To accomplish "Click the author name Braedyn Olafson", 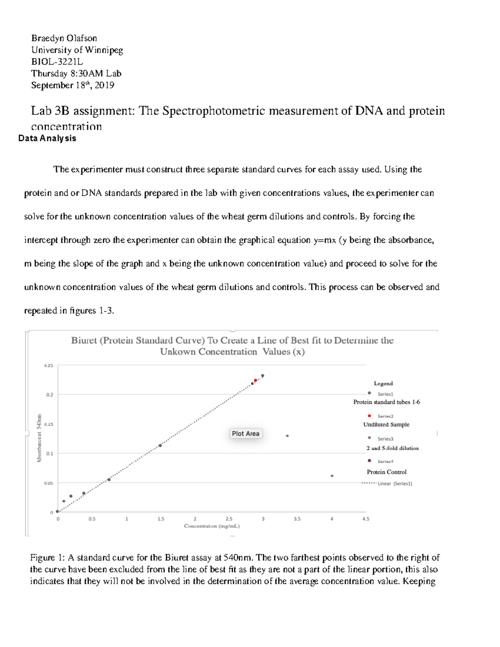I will (64, 38).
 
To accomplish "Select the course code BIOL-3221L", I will (57, 62).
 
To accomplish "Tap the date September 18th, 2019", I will (72, 85).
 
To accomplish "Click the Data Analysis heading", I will (47, 138).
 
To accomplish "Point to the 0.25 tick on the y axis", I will (49, 366).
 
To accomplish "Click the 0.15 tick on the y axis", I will (49, 425).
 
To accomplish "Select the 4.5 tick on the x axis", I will (366, 519).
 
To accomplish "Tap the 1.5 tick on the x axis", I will (161, 519).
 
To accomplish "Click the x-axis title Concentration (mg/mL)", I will (212, 526).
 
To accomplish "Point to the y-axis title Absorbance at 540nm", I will (39, 438).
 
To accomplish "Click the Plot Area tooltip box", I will (245, 434).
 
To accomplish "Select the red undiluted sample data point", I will (255, 380).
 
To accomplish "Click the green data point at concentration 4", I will (332, 476).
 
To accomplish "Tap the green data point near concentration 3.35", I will (287, 436).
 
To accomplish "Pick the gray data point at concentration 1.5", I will (160, 445).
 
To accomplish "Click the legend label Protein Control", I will (386, 472).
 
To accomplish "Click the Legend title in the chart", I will (383, 384).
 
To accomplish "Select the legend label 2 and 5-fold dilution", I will (392, 448).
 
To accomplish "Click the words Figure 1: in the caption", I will (47, 558).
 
